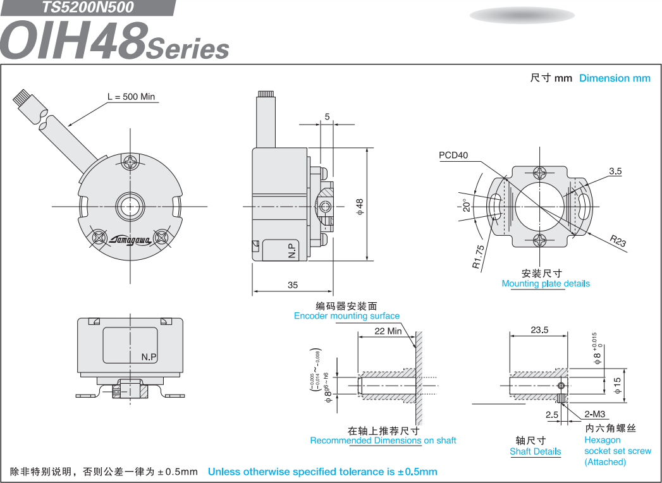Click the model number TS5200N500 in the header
[x=87, y=7]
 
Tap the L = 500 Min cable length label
[x=132, y=97]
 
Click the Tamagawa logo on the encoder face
[x=130, y=240]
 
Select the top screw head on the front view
[x=130, y=162]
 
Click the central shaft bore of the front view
[x=130, y=207]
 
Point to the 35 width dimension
[x=293, y=285]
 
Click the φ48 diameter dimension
[x=360, y=207]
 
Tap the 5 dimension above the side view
[x=327, y=116]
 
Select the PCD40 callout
[x=453, y=155]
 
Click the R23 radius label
[x=618, y=241]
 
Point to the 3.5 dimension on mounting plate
[x=616, y=171]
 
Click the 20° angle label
[x=466, y=205]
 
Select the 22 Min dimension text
[x=388, y=331]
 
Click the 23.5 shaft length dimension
[x=539, y=330]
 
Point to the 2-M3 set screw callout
[x=595, y=414]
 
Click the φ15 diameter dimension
[x=617, y=386]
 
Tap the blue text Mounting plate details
[x=546, y=283]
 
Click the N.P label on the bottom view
[x=149, y=357]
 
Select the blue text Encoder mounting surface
[x=346, y=316]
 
